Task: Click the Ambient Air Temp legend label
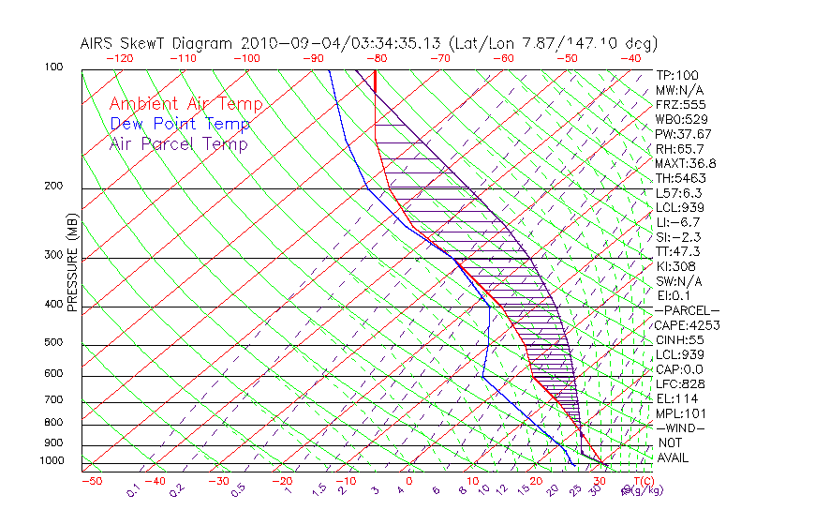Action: pyautogui.click(x=185, y=104)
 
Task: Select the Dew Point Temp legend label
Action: pyautogui.click(x=179, y=124)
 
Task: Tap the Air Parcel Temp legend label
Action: pyautogui.click(x=178, y=143)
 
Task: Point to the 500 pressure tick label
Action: pyautogui.click(x=54, y=343)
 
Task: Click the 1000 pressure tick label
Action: pyautogui.click(x=52, y=461)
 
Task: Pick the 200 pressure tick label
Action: pyautogui.click(x=54, y=187)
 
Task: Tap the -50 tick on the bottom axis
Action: pyautogui.click(x=91, y=481)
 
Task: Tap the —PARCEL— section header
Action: pyautogui.click(x=687, y=310)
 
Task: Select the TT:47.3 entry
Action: pyautogui.click(x=677, y=251)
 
